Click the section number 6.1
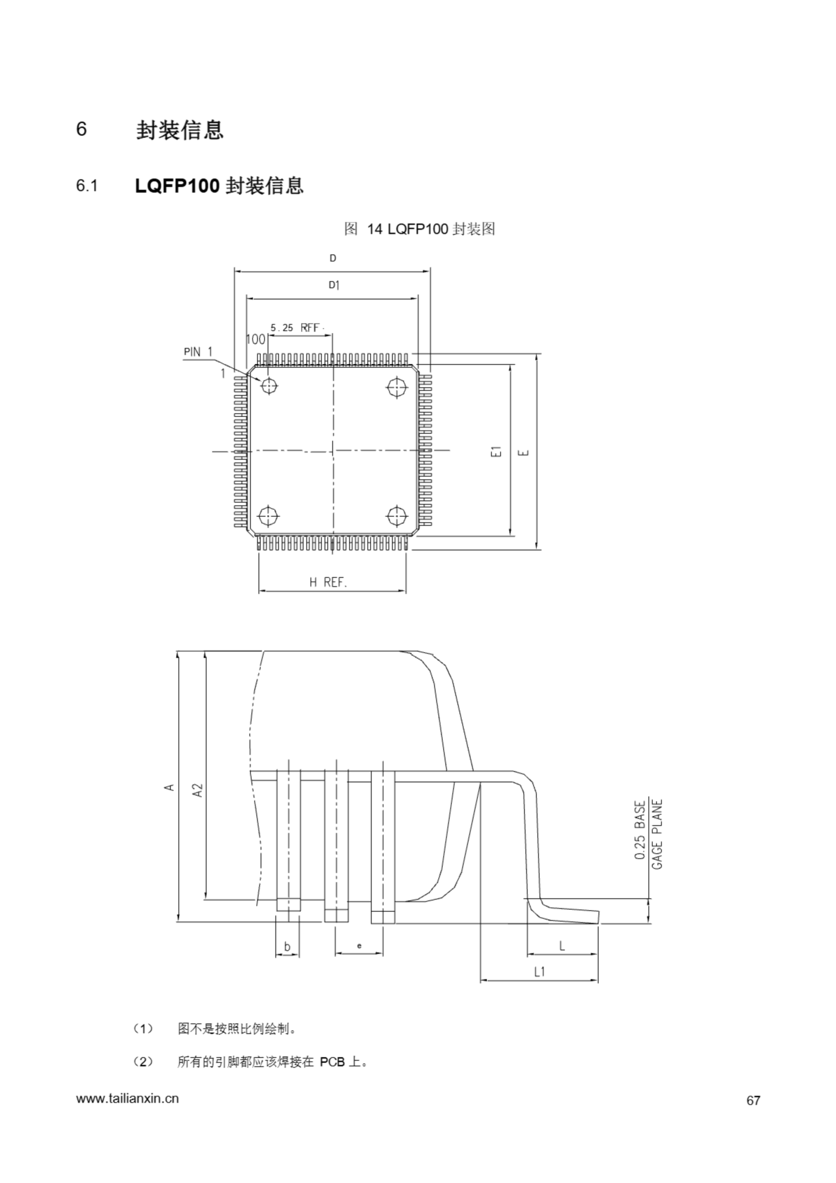click(x=86, y=186)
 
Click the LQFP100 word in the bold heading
click(x=177, y=186)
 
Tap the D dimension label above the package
click(x=333, y=258)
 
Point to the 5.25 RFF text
click(x=295, y=328)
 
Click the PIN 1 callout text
click(x=198, y=352)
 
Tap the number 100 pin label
click(x=255, y=339)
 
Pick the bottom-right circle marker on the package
click(x=397, y=515)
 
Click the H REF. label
click(x=328, y=583)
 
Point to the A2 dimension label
click(x=198, y=790)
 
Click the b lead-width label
click(x=287, y=946)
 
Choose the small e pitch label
click(x=359, y=945)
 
